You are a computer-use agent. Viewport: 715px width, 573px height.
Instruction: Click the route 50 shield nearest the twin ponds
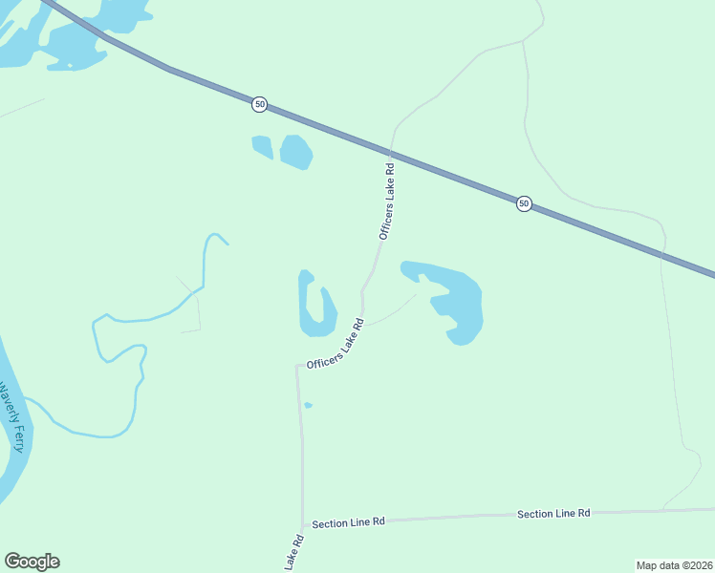(260, 103)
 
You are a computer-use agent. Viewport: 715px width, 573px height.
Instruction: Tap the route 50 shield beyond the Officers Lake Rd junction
(524, 203)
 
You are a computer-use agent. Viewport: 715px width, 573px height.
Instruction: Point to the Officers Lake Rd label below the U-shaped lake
(336, 345)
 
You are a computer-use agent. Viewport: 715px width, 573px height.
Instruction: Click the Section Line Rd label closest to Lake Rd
(348, 522)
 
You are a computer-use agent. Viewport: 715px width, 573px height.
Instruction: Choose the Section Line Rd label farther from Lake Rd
(553, 514)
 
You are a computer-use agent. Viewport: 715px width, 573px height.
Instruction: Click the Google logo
(32, 562)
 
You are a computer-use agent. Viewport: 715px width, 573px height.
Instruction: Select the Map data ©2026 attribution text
(674, 565)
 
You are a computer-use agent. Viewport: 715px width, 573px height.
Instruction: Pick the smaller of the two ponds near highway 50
(262, 146)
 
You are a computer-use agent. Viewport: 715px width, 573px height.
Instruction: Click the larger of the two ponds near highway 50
(295, 151)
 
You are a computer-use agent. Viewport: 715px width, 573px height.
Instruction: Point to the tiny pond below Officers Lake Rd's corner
(308, 406)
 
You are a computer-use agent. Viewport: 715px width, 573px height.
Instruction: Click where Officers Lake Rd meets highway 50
(390, 153)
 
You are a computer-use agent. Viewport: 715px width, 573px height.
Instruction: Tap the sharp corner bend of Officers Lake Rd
(298, 367)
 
